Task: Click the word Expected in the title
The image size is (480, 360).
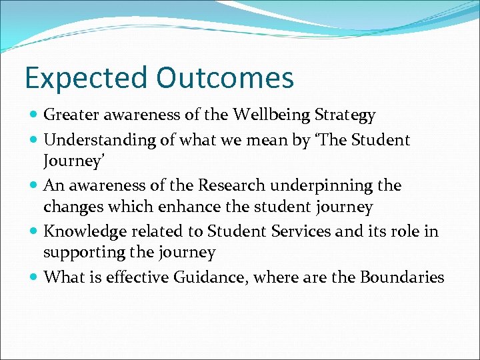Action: [x=85, y=78]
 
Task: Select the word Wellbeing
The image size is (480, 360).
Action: [x=272, y=116]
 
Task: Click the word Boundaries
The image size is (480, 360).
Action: [x=401, y=277]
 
